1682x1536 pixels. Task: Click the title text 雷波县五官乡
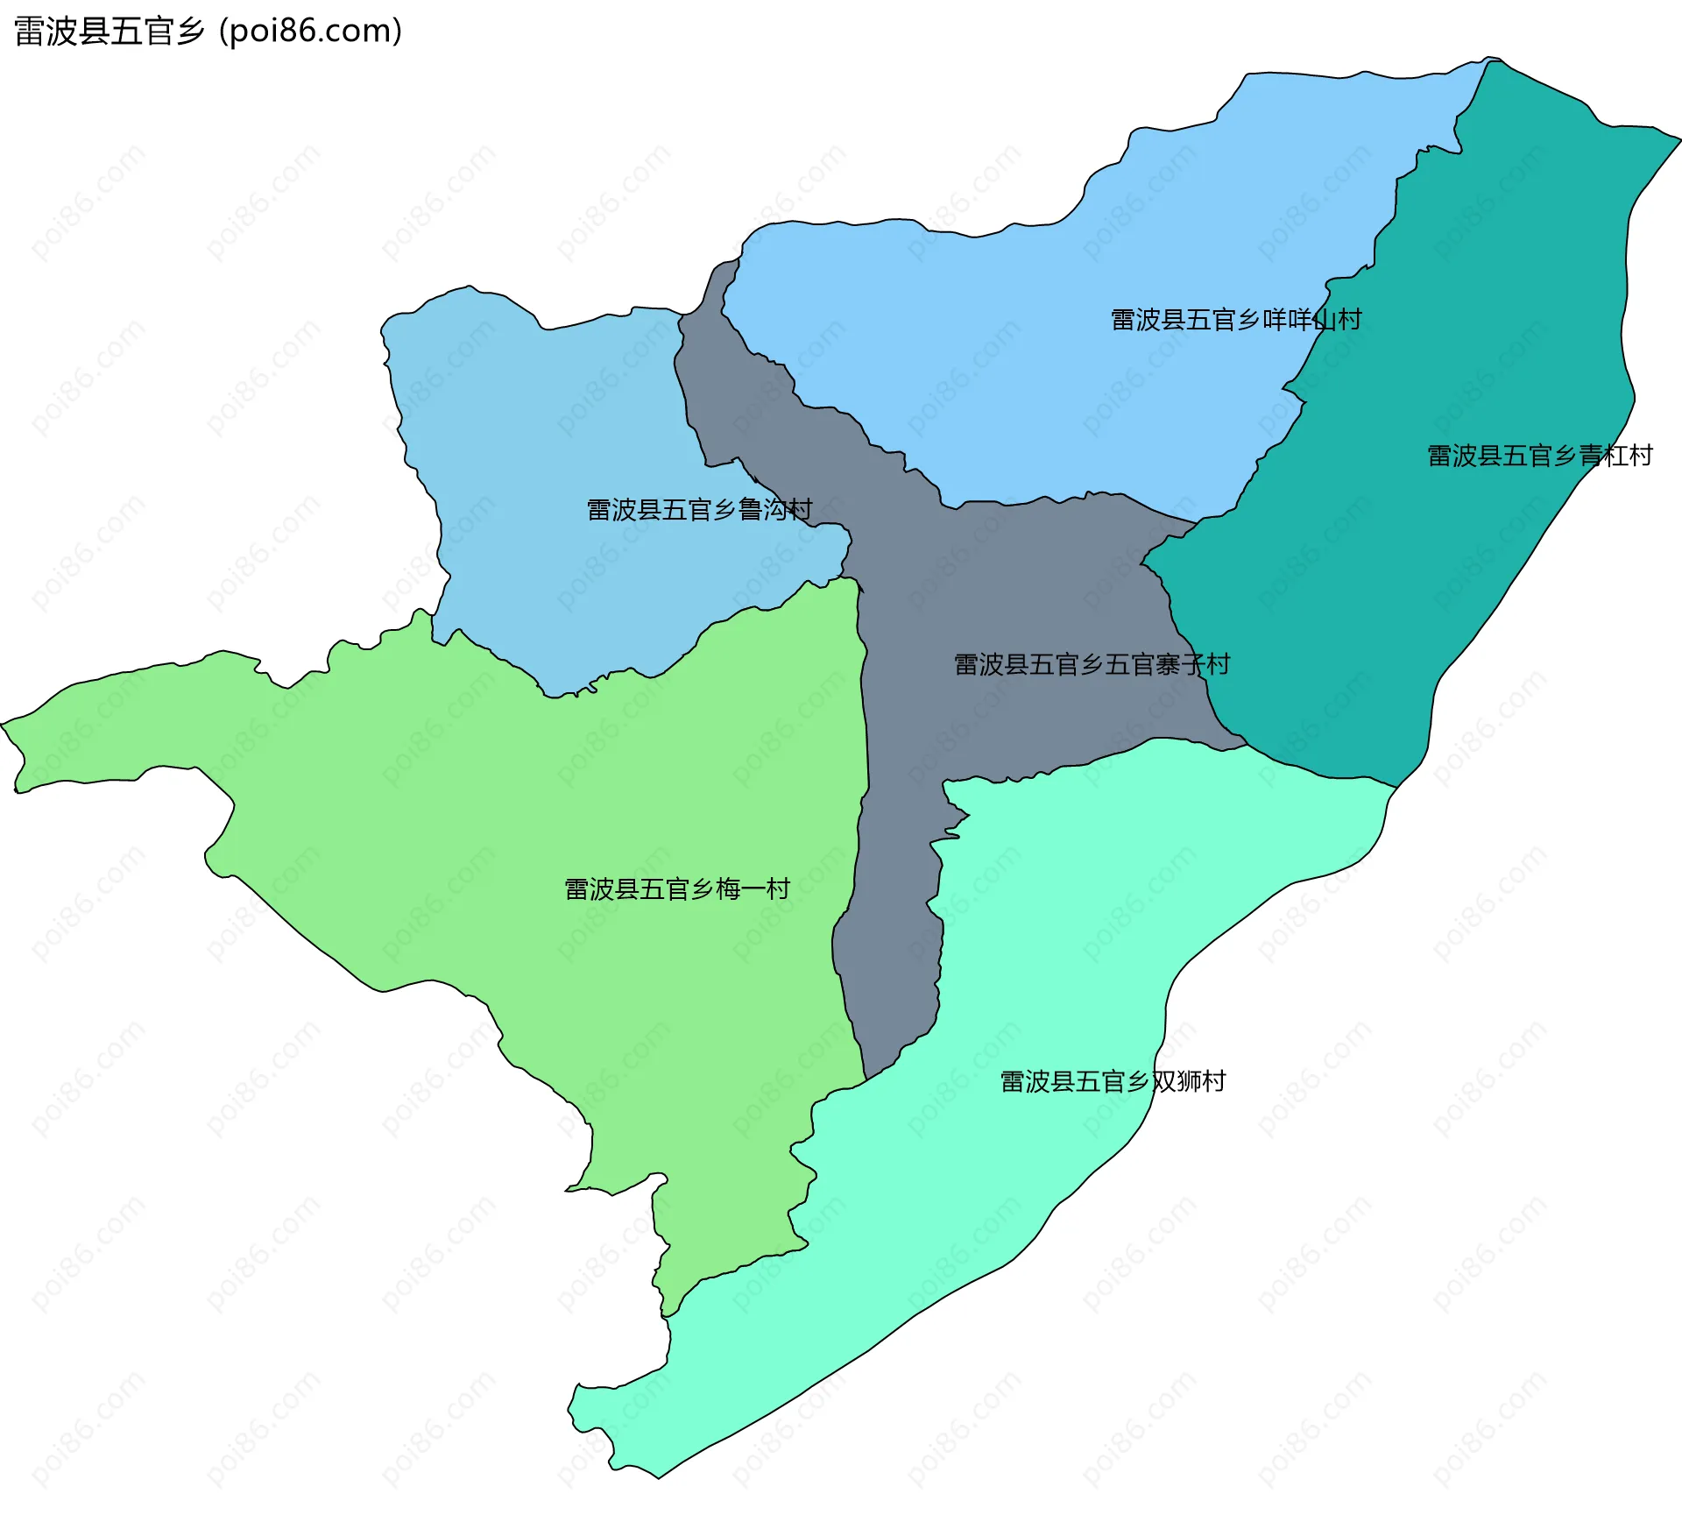click(x=109, y=32)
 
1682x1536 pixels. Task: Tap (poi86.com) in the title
click(x=310, y=32)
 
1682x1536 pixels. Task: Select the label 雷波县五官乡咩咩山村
click(x=1235, y=320)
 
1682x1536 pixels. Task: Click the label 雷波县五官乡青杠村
click(x=1539, y=456)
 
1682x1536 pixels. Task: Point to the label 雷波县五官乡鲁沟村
click(x=699, y=509)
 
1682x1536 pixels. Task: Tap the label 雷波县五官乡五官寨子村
click(x=1092, y=664)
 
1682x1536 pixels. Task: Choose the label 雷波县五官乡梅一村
click(x=677, y=889)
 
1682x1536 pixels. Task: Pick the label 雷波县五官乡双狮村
click(x=1113, y=1081)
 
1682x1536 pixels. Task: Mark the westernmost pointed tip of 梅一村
click(x=3, y=724)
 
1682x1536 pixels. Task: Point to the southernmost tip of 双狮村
click(x=659, y=1477)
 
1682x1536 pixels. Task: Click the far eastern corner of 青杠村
click(x=1678, y=138)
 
